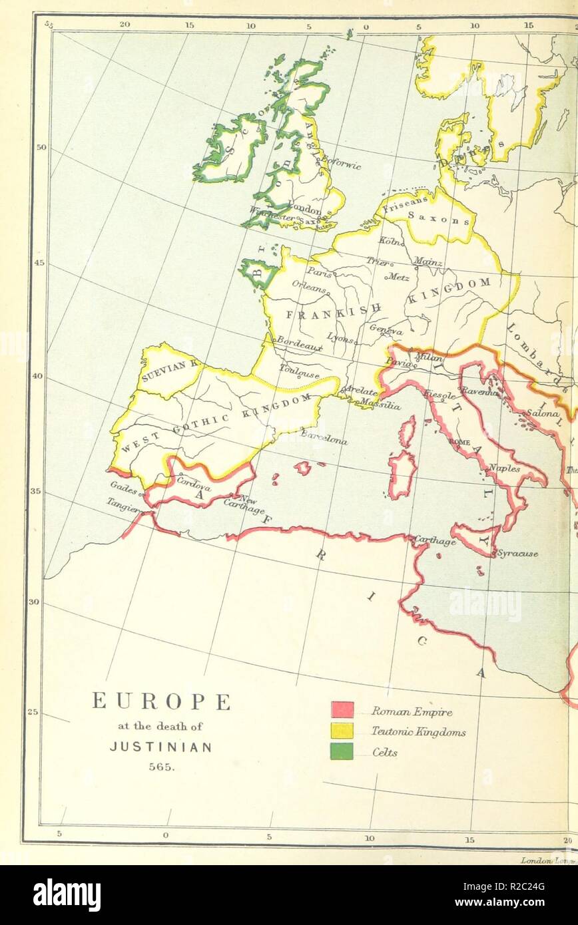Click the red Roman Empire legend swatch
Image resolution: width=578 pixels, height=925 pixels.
coord(342,710)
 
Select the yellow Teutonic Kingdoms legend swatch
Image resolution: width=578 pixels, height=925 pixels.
coord(342,731)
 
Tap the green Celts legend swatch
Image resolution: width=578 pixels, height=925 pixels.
coord(342,752)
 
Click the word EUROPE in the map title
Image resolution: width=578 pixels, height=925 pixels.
coord(161,701)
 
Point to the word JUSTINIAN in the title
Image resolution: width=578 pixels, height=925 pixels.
coord(160,747)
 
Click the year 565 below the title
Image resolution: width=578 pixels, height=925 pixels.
coord(160,765)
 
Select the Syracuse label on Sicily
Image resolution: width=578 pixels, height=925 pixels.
coord(518,554)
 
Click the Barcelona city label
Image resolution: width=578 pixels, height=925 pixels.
coord(324,439)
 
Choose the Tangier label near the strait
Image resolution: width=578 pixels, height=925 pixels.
coord(124,506)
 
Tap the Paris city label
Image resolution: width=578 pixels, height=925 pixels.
coord(319,272)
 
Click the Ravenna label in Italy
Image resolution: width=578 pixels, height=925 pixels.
coord(480,393)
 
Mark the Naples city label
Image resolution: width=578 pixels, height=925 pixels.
coord(504,468)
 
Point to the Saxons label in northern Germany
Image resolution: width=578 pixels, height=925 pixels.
coord(430,216)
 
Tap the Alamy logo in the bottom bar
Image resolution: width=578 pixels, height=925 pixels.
coord(67,895)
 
